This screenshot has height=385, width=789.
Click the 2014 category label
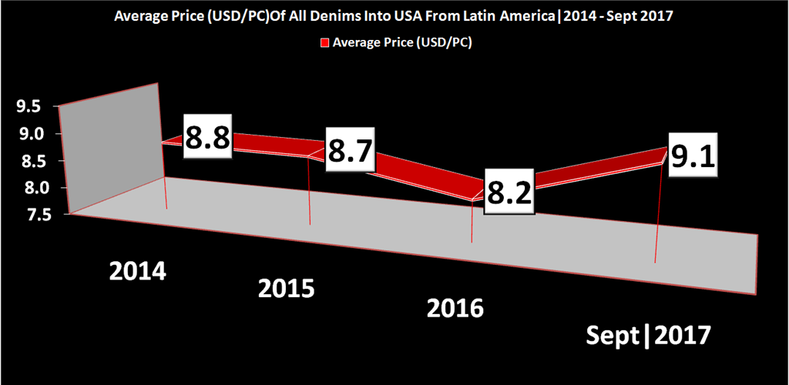coord(139,271)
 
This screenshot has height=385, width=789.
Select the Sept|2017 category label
coord(647,336)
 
